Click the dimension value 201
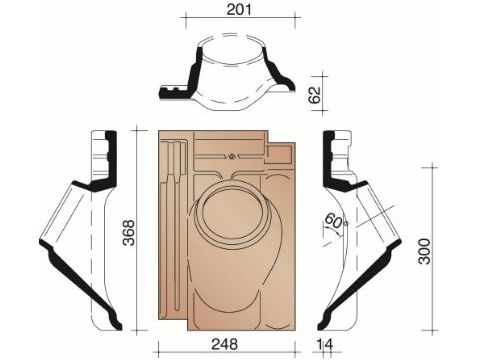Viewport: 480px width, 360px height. (x=239, y=9)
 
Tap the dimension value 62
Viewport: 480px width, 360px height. (x=315, y=94)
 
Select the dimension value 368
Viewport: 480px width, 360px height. (x=129, y=232)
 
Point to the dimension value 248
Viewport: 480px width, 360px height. (x=225, y=344)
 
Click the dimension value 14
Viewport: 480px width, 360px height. (x=325, y=344)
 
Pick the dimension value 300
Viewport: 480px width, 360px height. (x=424, y=251)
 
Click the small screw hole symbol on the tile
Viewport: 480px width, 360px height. (x=232, y=156)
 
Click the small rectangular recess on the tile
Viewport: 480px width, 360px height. (x=279, y=154)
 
